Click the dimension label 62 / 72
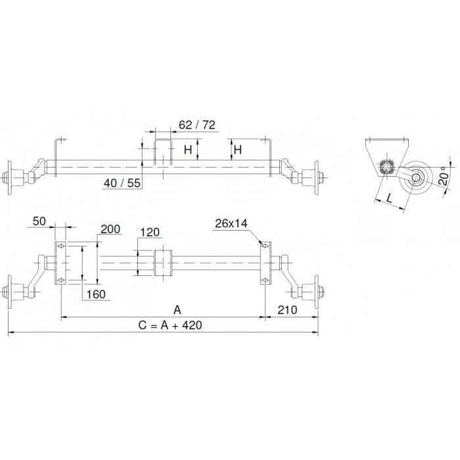coord(197,125)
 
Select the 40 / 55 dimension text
coord(122,183)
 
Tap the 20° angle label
coord(444,176)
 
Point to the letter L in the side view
coord(389,198)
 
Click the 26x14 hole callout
coord(231,223)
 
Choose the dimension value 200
coord(110,229)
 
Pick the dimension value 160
coord(96,294)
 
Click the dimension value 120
coord(150,233)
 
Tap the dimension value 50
coord(39,221)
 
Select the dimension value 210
coord(287,310)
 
